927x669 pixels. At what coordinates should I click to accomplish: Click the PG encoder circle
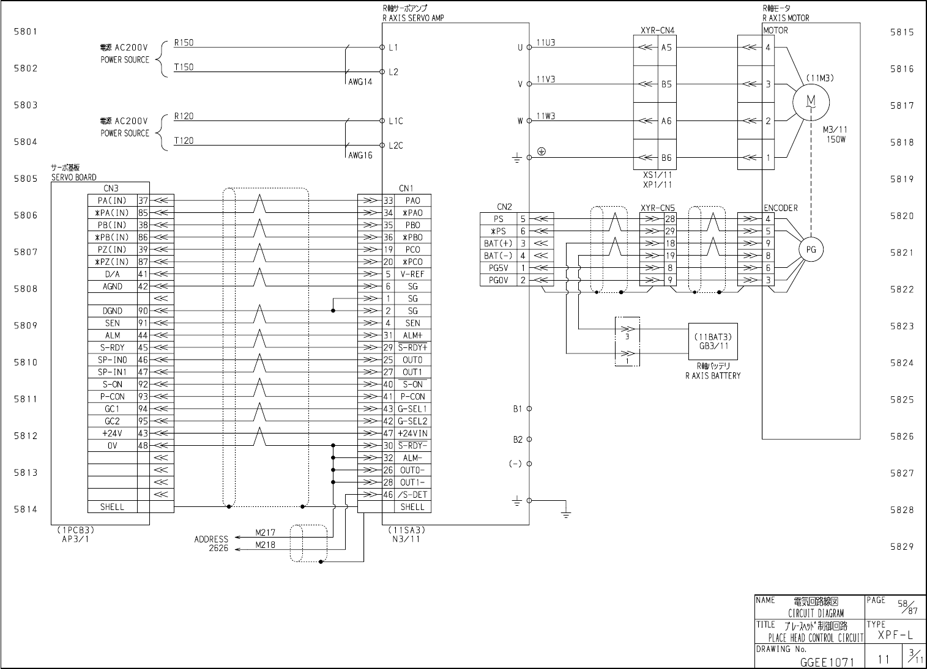811,249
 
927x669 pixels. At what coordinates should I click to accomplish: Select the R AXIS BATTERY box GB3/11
713,341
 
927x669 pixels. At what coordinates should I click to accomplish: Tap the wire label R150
184,43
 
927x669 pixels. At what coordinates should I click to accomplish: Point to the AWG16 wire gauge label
360,155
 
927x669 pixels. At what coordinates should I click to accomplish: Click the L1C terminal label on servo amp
396,121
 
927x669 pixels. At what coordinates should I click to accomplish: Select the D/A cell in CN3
113,274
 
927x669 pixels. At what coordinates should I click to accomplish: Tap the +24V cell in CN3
113,433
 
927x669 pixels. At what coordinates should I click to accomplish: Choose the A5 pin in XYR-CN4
666,48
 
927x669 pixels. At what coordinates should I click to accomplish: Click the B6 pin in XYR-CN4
666,158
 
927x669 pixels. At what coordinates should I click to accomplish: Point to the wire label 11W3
546,116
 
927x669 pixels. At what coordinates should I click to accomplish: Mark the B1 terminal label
518,408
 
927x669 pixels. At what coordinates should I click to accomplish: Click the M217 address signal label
264,532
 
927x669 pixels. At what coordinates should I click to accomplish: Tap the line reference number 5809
26,325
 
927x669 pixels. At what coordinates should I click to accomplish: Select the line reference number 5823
902,326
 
